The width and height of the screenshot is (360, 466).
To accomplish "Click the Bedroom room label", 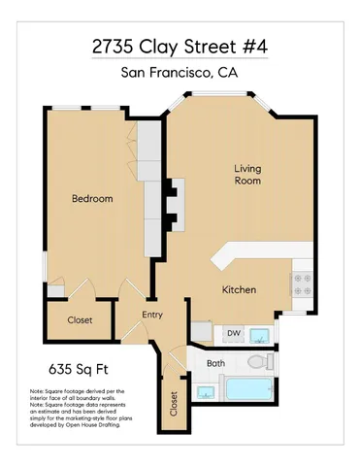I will [x=92, y=199].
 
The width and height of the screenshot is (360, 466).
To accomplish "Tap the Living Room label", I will [x=247, y=175].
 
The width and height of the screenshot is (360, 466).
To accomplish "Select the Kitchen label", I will [x=239, y=290].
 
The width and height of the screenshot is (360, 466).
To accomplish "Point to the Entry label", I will [x=152, y=315].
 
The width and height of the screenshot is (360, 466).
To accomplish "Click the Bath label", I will [x=214, y=363].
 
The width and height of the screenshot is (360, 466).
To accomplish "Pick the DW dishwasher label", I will [x=233, y=334].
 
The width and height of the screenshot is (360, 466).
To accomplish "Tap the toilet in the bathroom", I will [x=257, y=362].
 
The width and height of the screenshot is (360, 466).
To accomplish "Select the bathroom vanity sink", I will [x=206, y=391].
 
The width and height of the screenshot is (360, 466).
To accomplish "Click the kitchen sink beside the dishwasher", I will [x=260, y=335].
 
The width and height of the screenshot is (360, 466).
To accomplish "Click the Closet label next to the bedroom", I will [x=80, y=321].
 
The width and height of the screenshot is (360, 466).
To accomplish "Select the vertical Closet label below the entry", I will [x=175, y=403].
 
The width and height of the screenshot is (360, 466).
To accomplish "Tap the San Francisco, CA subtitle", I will [x=180, y=73].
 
